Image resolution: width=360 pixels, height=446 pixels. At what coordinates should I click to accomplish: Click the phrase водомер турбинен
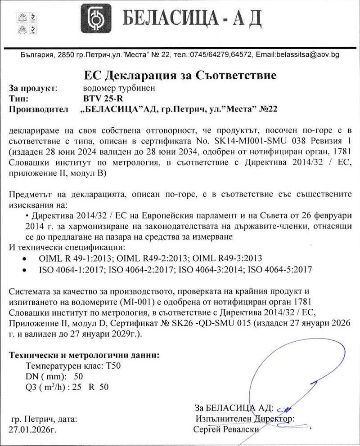point(119,88)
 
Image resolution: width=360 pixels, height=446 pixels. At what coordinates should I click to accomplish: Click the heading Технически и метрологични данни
point(84,355)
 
